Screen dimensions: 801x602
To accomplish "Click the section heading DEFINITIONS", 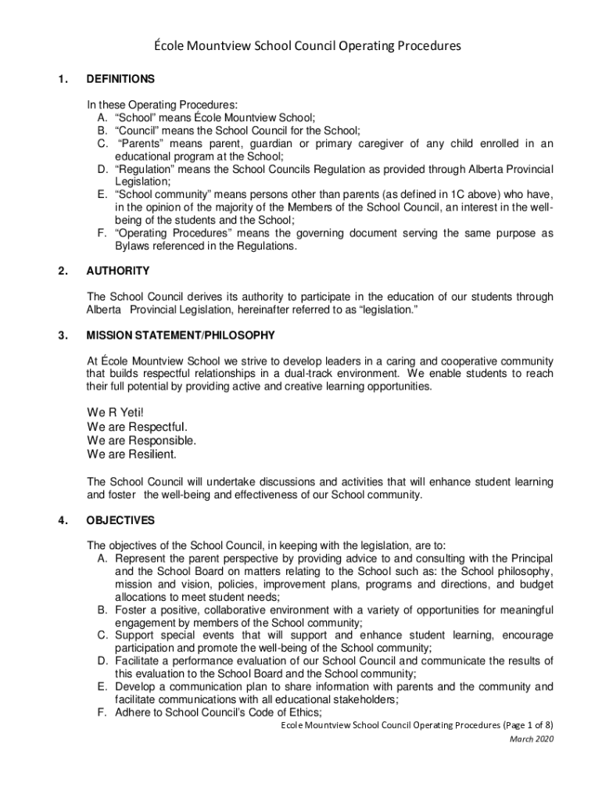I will click(x=120, y=79).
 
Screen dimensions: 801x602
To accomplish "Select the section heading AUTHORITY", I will click(x=117, y=271).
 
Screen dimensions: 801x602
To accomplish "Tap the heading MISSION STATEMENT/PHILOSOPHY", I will click(x=181, y=336).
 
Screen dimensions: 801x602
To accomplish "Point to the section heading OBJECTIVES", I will click(x=120, y=520).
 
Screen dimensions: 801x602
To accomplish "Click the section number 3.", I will click(x=61, y=336).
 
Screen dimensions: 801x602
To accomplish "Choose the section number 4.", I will click(x=61, y=520).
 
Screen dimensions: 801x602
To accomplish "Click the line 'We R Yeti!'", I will click(x=116, y=412).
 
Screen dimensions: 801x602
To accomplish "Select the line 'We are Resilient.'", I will click(x=132, y=454).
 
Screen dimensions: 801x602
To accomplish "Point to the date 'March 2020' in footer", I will click(x=531, y=739).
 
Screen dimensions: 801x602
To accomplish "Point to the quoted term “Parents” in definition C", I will click(x=142, y=143).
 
